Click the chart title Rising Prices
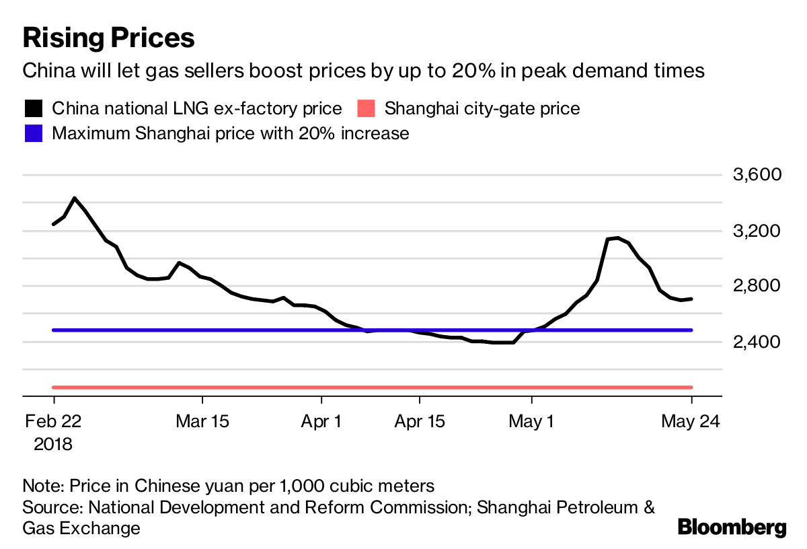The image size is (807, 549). [108, 38]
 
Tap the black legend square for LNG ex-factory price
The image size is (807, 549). [33, 108]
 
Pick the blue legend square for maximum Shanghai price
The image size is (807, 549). [33, 133]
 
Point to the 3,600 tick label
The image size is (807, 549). [757, 175]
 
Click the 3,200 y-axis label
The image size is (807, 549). [757, 231]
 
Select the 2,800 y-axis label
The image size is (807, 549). [757, 286]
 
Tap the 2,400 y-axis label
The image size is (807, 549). [757, 342]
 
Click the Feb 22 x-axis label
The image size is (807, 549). [53, 422]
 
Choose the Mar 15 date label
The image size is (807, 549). [202, 422]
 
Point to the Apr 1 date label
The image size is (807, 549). [321, 422]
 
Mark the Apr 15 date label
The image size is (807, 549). [419, 422]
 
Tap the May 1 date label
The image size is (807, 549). [531, 422]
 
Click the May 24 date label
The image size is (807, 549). [691, 422]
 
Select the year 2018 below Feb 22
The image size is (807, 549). [53, 445]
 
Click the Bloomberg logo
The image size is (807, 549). [732, 527]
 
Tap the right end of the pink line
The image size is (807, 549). [691, 387]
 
